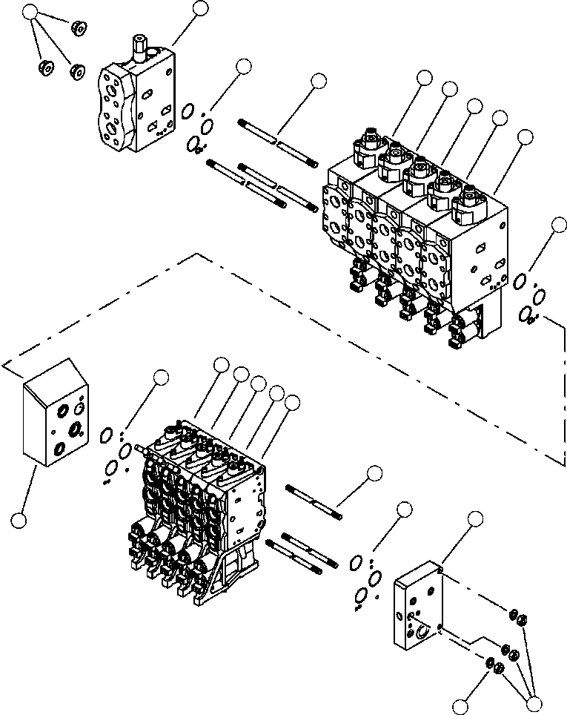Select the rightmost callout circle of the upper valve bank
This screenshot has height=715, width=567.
point(525,136)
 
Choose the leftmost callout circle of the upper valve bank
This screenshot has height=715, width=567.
point(424,77)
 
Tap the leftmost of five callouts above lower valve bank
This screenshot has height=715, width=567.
point(220,364)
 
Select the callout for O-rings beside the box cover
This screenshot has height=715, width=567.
point(161,379)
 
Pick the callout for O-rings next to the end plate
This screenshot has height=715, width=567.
point(404,510)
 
